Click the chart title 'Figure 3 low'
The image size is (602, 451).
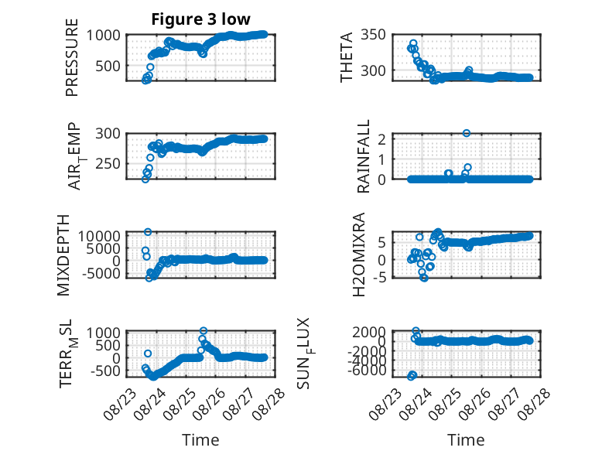200,19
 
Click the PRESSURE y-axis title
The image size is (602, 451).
72,57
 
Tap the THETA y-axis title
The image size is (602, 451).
347,57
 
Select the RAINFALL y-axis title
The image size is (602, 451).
363,156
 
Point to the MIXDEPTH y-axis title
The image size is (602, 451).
63,255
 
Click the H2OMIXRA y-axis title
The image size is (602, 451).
358,255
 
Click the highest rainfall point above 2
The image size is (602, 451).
467,133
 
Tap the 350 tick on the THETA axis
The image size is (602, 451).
374,35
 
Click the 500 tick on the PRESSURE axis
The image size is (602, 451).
108,66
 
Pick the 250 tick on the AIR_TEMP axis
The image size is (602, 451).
108,164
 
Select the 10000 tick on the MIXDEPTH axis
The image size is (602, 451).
99,236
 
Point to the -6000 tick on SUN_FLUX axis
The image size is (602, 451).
369,371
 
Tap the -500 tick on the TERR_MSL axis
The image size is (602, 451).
105,371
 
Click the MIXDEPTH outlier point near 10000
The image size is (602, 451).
148,232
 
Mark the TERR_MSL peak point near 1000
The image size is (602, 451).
204,330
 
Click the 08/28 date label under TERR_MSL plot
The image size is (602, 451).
269,402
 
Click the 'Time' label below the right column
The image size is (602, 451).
466,440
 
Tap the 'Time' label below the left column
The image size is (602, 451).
200,440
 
